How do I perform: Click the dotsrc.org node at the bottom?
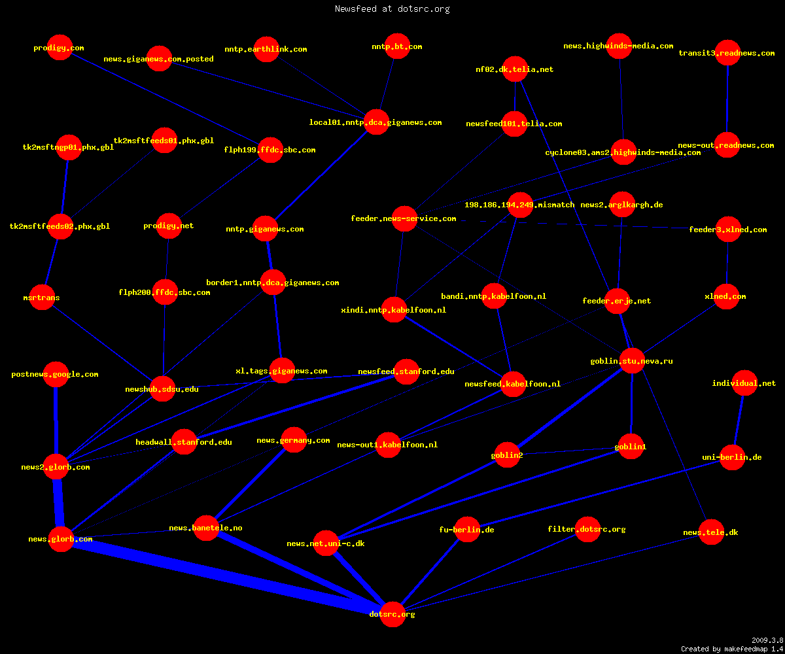392,614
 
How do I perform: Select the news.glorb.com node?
61,539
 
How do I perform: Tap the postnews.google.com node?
56,374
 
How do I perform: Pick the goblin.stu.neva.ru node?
632,361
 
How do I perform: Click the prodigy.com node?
60,47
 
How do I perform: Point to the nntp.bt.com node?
397,46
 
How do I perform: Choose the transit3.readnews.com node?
727,52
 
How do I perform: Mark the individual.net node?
744,383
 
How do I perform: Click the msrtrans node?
42,298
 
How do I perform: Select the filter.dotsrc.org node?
587,529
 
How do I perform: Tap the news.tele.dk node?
711,532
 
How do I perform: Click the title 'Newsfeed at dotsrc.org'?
392,9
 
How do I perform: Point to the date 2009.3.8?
767,640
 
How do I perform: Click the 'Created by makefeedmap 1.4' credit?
732,649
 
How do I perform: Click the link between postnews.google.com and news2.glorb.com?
56,421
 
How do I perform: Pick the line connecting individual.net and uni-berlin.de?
739,421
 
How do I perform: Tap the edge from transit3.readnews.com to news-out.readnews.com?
727,99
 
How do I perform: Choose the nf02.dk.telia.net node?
515,69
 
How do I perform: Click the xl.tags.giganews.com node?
282,371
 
